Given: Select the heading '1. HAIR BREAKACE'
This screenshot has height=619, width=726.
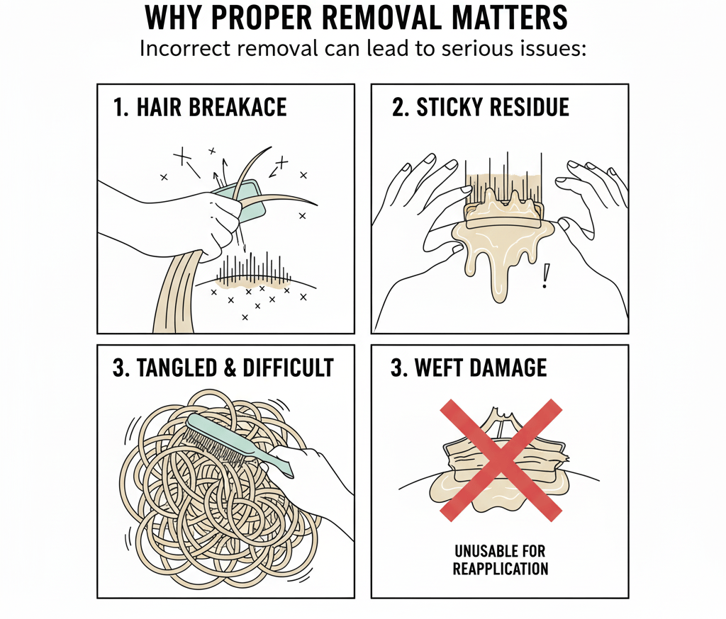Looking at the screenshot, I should [x=200, y=107].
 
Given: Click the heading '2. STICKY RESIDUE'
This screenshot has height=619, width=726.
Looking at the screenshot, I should [x=481, y=107].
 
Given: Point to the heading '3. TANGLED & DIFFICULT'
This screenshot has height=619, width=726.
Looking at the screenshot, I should [x=223, y=368].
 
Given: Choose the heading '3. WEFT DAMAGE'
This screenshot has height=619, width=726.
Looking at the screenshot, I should [x=469, y=368].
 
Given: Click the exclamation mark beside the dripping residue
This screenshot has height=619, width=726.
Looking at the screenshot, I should [x=545, y=277].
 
